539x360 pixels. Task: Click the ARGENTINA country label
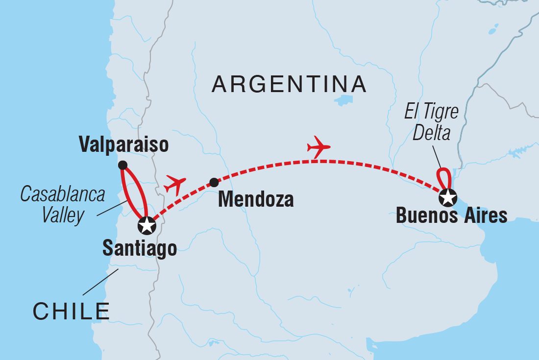point(289,84)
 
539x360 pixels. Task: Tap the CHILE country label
point(72,312)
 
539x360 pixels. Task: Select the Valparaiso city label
point(124,145)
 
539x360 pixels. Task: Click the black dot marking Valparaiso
point(122,165)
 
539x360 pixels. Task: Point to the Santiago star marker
point(147,226)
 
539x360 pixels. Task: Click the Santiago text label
point(139,249)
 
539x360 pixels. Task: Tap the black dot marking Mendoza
point(214,183)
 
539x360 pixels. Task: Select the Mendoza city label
point(255,200)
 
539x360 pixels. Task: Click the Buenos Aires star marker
point(447,198)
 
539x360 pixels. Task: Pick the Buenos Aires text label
point(451,216)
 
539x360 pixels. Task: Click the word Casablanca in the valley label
point(63,194)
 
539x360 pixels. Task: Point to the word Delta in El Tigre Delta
point(431,133)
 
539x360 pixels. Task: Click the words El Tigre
point(431,112)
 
